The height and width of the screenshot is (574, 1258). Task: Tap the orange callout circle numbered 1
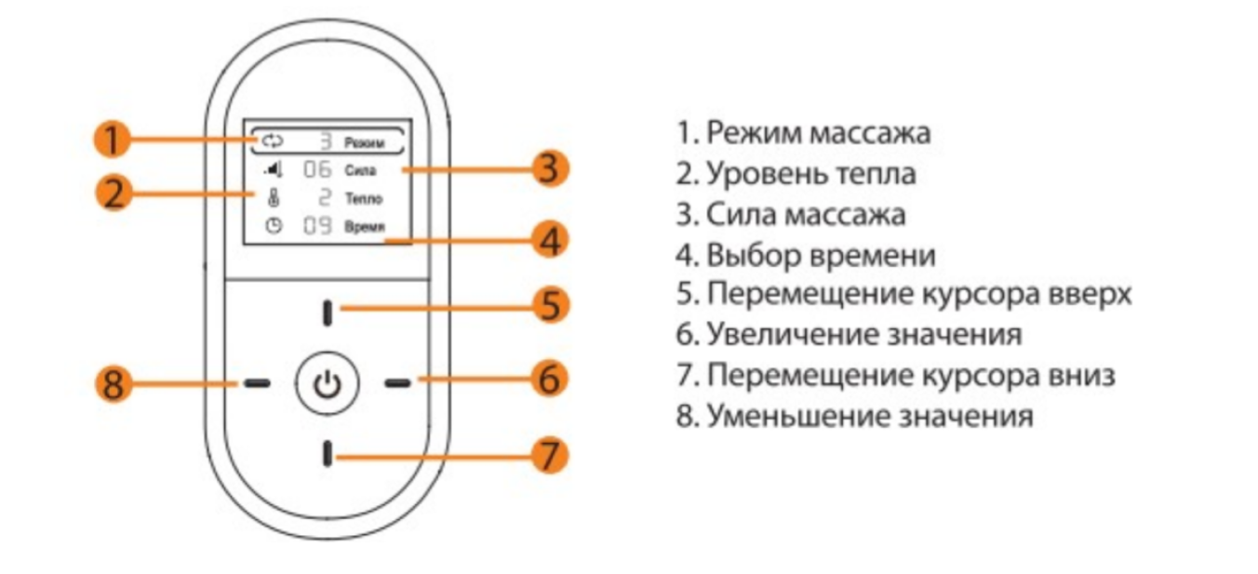pos(111,141)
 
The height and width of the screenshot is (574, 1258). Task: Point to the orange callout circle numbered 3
pos(549,169)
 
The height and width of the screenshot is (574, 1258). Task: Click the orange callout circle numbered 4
pos(550,241)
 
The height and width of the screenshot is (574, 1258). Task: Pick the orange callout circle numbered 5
pos(550,305)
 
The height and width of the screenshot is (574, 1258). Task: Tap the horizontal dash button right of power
pos(398,382)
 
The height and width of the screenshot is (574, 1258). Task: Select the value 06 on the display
pos(318,170)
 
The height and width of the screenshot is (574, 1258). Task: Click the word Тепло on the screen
pos(363,199)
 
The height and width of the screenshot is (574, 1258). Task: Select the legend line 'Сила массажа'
pos(791,214)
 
